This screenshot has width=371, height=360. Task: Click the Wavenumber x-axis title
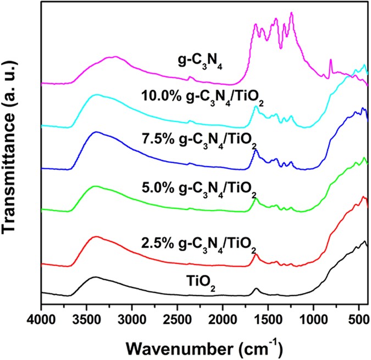(205, 346)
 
